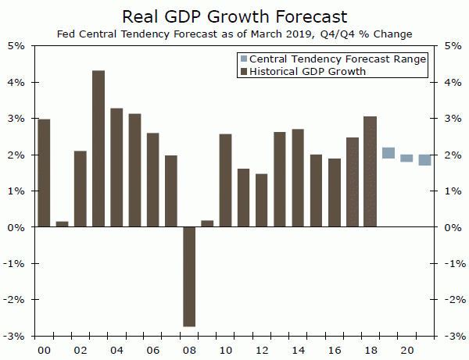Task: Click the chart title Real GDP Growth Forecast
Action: (x=234, y=16)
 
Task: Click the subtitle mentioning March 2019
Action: (x=234, y=34)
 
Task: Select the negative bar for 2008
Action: (x=189, y=276)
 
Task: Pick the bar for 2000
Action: (x=44, y=173)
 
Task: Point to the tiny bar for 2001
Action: (x=62, y=224)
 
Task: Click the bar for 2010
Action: (x=225, y=180)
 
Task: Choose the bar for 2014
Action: (x=298, y=178)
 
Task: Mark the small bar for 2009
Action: (x=207, y=223)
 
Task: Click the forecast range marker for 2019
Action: (x=388, y=153)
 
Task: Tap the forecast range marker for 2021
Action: (x=424, y=160)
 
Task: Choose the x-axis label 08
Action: (x=189, y=350)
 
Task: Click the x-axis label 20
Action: (x=406, y=350)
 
